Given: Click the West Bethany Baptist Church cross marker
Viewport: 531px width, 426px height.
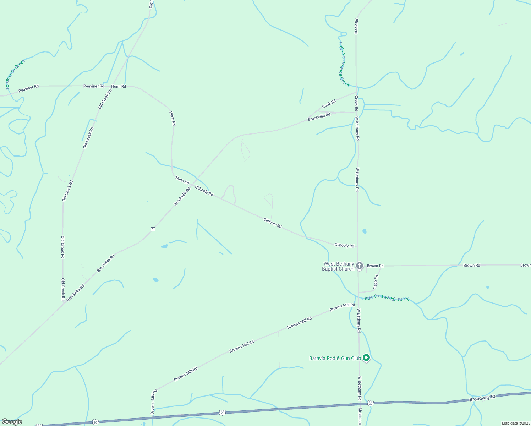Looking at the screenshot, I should click(x=359, y=266).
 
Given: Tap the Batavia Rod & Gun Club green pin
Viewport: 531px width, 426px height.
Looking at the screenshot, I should click(x=366, y=357).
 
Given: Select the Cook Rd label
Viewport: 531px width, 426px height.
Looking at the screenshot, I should click(x=329, y=104).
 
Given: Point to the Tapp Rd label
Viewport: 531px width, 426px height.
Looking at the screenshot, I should click(x=376, y=282).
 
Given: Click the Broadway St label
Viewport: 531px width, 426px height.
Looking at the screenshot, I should click(x=482, y=398).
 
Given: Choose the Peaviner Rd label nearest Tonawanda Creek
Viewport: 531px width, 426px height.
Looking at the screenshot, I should click(x=28, y=88).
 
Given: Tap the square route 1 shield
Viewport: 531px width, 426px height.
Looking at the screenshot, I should click(x=153, y=229).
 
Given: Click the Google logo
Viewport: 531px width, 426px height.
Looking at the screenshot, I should click(x=12, y=422).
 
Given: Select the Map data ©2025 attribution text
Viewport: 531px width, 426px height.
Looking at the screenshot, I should click(x=515, y=423).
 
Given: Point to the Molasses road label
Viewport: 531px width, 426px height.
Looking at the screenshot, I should click(x=360, y=416).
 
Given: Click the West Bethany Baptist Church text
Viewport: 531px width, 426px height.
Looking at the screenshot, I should click(x=339, y=266).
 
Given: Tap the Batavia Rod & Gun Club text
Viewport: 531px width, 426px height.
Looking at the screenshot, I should click(x=335, y=358).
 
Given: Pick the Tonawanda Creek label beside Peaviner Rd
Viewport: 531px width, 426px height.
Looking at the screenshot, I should click(x=15, y=74).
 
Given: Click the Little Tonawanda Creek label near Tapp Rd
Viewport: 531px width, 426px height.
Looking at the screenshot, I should click(x=385, y=298).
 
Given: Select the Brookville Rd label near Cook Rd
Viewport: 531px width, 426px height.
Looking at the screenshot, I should click(x=319, y=117).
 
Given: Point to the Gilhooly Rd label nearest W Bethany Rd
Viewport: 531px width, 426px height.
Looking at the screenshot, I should click(x=344, y=245).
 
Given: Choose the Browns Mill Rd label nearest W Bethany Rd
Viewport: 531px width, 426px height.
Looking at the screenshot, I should click(x=342, y=307).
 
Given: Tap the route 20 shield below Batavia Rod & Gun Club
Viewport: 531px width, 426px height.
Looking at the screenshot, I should click(x=371, y=403).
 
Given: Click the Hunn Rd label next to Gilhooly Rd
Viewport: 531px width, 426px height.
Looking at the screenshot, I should click(x=182, y=180).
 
